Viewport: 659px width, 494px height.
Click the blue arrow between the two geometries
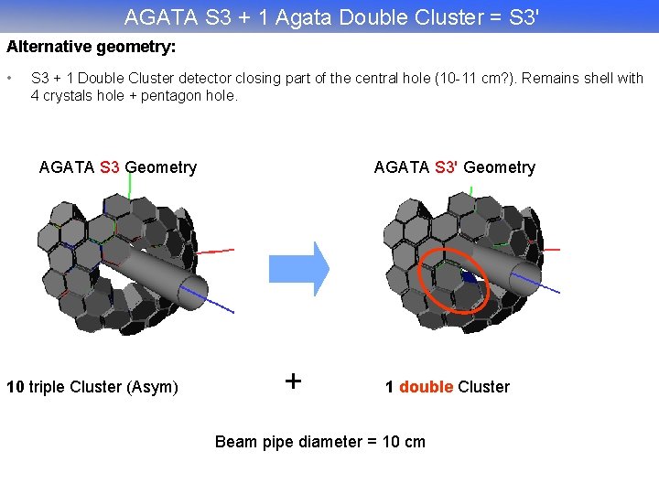[297, 268]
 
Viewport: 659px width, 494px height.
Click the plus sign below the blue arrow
[293, 381]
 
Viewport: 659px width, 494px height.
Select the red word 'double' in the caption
[426, 387]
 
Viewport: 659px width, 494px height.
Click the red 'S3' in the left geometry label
[110, 167]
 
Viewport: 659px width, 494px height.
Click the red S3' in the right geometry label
[447, 167]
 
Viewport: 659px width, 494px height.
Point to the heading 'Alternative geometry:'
[92, 45]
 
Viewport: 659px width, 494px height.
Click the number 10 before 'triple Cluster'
[16, 387]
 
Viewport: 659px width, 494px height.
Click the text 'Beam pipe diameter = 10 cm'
[319, 442]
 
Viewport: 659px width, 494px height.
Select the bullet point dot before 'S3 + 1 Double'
[11, 78]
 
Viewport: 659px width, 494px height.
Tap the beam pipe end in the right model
[524, 278]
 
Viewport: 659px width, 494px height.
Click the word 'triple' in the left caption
[47, 387]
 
